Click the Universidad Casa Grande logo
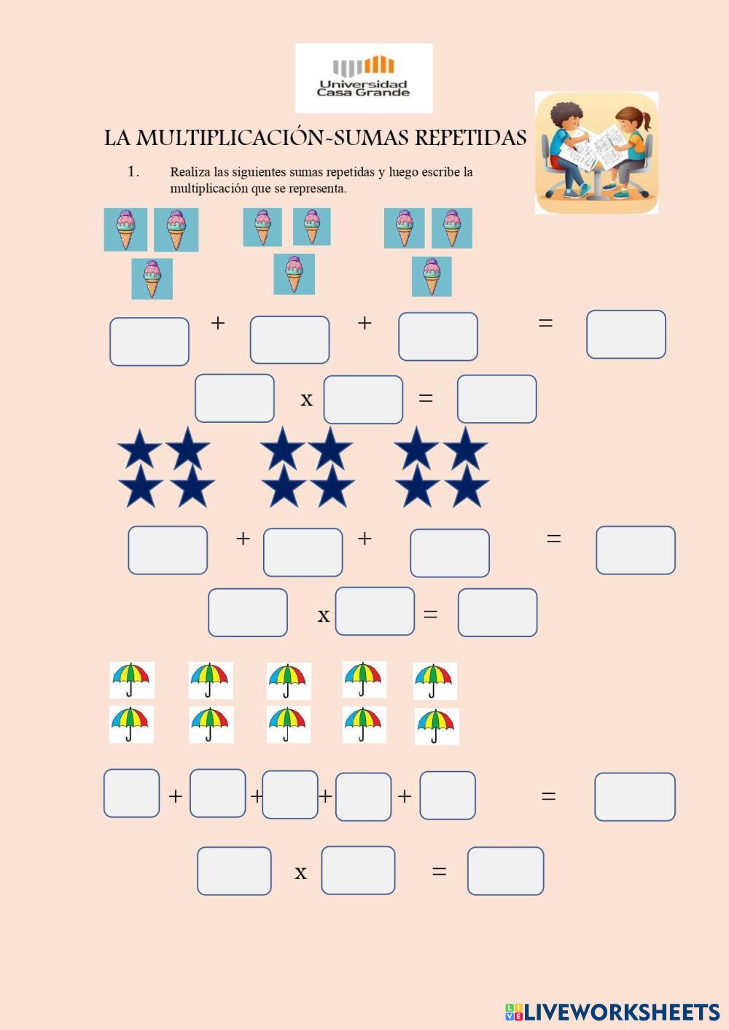[x=364, y=77]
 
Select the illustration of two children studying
[x=596, y=152]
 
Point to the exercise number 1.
[x=133, y=172]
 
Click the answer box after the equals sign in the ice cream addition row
[x=625, y=335]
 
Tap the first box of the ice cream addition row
[x=149, y=341]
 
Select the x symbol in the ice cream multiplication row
[x=307, y=399]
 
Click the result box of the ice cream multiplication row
[x=496, y=399]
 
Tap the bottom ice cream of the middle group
[x=294, y=274]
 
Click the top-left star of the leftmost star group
[x=139, y=448]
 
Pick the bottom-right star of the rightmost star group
[x=467, y=487]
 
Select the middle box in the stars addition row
[x=303, y=553]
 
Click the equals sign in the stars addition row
[x=553, y=539]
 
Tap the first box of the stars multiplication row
[x=248, y=612]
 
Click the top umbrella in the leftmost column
[x=132, y=680]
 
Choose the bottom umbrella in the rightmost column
[x=437, y=726]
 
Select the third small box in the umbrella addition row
[x=290, y=795]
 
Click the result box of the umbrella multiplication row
[x=505, y=870]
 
